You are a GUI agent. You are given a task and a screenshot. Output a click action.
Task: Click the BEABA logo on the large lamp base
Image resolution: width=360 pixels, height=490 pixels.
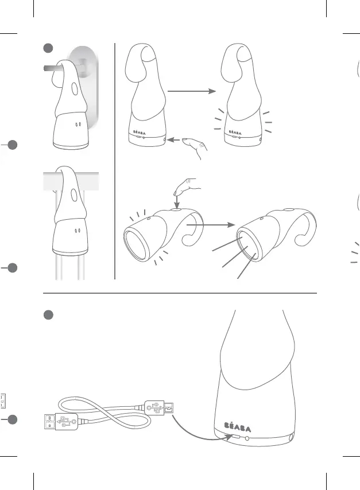click(237, 427)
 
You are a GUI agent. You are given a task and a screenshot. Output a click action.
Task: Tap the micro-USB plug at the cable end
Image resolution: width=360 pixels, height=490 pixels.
click(159, 407)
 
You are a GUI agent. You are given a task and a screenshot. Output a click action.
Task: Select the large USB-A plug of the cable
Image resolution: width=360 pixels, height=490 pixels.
click(61, 422)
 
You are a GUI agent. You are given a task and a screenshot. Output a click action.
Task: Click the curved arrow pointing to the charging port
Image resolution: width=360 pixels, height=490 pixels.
click(200, 432)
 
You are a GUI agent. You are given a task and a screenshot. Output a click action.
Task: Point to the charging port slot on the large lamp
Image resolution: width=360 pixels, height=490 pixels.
click(236, 436)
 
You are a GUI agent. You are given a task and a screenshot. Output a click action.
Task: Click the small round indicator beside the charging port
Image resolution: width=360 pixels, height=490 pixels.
click(247, 438)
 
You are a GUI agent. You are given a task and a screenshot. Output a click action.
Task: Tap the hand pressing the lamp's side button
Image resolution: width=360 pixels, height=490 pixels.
click(195, 146)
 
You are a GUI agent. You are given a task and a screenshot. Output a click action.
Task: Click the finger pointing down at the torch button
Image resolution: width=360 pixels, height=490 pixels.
click(186, 186)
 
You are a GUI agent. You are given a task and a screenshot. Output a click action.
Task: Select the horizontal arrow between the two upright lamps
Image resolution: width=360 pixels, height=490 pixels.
click(192, 91)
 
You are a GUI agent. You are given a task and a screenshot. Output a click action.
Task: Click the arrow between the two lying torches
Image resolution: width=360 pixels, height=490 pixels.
click(211, 225)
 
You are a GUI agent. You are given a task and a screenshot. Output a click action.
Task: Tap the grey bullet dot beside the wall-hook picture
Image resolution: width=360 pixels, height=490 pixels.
click(48, 48)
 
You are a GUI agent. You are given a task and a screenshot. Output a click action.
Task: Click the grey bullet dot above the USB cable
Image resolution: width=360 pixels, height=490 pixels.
click(48, 315)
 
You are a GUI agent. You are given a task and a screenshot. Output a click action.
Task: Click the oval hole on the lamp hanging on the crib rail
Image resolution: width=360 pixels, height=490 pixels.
click(74, 195)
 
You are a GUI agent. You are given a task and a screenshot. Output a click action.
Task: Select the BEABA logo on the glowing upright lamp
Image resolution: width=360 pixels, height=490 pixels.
click(235, 133)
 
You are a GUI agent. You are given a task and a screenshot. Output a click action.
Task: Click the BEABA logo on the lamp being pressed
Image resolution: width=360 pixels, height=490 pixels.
click(139, 133)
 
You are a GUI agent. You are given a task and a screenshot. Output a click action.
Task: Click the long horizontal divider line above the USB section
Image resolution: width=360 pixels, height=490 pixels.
click(180, 293)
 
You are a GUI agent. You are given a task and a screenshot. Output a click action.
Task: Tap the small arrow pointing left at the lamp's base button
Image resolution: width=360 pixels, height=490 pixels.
click(173, 139)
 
